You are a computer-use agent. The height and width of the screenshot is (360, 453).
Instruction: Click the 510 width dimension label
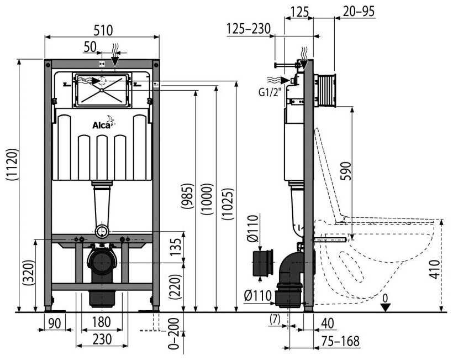[102, 29]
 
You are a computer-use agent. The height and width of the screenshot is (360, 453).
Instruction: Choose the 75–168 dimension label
[342, 342]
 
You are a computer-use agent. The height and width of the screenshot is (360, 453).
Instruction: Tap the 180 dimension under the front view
[102, 321]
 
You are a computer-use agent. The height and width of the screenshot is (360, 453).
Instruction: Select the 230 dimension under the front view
[102, 338]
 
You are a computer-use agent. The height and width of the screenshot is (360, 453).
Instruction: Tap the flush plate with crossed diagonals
[103, 90]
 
